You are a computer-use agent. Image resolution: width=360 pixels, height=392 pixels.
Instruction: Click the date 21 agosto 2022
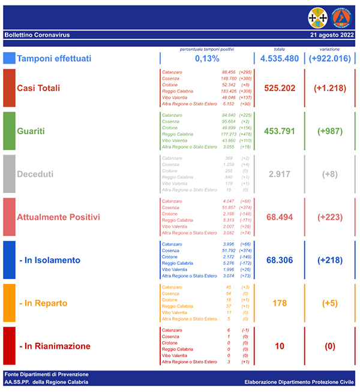[332, 35]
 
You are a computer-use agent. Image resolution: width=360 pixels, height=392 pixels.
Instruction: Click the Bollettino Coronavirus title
[37, 35]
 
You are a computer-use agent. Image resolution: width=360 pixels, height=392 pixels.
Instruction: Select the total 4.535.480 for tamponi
[280, 58]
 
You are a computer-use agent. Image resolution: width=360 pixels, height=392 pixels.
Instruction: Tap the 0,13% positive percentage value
[206, 58]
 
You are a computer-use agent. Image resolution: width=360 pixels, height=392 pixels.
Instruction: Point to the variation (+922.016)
[329, 58]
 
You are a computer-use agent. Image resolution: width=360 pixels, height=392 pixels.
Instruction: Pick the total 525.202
[280, 88]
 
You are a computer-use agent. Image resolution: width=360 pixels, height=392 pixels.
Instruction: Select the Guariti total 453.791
[280, 131]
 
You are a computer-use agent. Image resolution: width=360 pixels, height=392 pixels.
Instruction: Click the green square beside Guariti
[9, 131]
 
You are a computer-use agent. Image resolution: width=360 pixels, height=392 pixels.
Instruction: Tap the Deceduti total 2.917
[280, 174]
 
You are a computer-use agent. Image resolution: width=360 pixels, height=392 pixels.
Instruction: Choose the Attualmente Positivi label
[58, 217]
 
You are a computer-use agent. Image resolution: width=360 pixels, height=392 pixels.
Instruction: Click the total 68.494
[280, 217]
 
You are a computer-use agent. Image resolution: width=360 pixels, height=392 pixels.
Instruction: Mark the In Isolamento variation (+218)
[329, 260]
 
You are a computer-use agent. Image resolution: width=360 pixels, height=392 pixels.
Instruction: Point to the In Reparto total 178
[280, 303]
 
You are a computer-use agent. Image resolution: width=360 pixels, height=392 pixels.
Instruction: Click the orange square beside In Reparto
[9, 303]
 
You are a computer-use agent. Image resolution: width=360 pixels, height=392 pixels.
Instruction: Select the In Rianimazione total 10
[280, 346]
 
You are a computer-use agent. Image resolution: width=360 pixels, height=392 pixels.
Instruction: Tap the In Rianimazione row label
[55, 346]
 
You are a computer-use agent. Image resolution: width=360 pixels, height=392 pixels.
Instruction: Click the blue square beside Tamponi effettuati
[9, 58]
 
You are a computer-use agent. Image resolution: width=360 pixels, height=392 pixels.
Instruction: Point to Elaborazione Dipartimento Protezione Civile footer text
[299, 382]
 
